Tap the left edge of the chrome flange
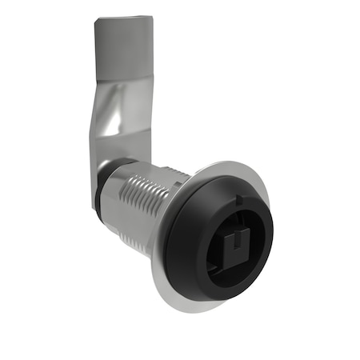(154, 256)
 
